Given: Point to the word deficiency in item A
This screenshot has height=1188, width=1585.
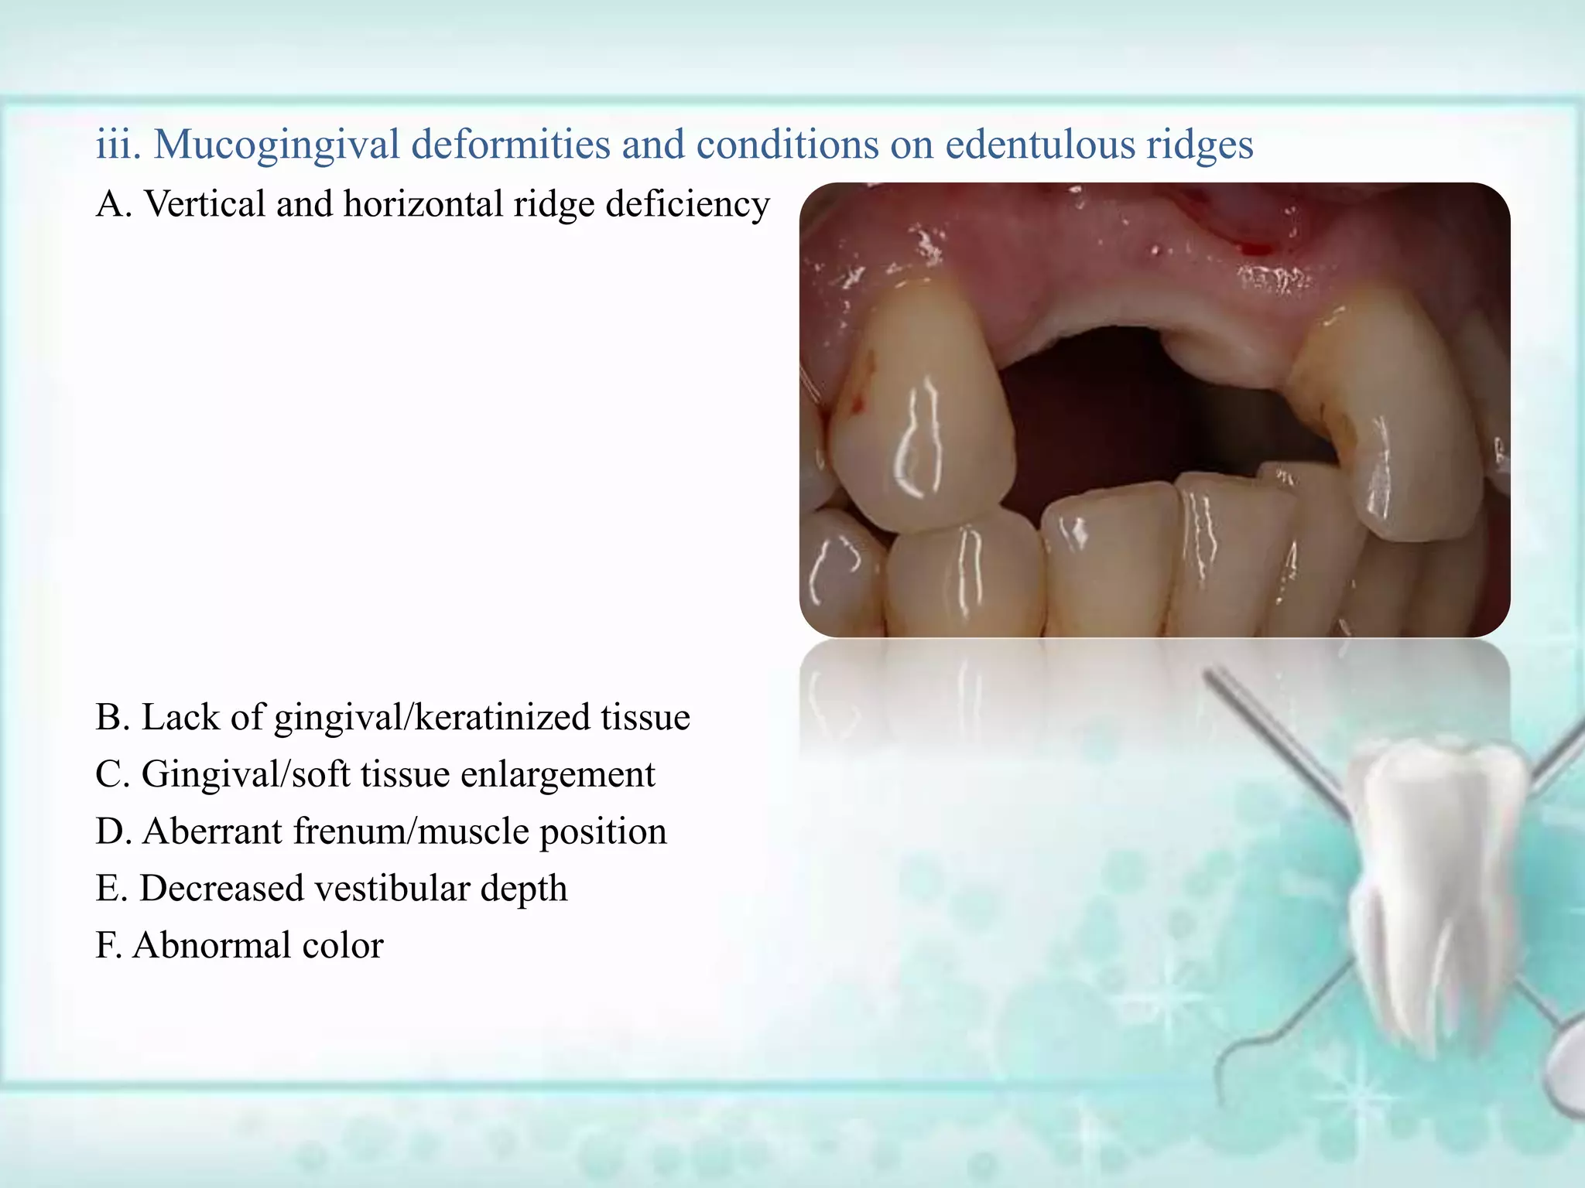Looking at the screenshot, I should [x=687, y=204].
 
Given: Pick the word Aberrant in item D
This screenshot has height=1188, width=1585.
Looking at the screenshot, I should [x=212, y=831].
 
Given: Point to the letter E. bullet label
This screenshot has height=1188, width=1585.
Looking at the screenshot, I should [x=112, y=889].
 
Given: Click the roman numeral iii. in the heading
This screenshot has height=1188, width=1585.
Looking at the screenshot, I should [x=118, y=145].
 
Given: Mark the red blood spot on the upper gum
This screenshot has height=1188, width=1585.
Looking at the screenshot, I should [x=1255, y=249].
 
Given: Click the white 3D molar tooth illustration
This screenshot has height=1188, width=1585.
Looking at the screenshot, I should [x=1440, y=889].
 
